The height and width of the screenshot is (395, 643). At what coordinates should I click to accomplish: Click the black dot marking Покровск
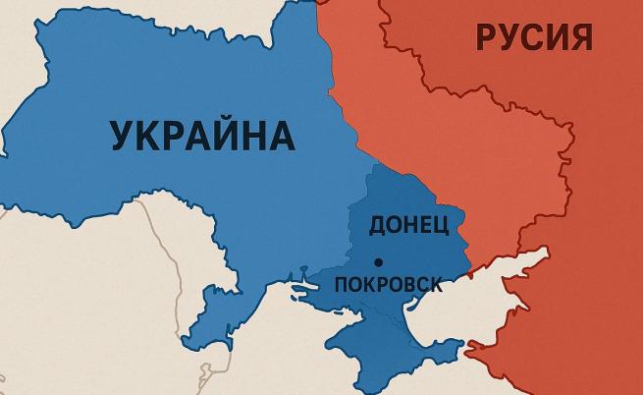[x=378, y=261]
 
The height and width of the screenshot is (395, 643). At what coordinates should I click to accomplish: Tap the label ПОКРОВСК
[x=388, y=285]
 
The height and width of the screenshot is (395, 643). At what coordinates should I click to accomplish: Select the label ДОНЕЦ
[x=408, y=224]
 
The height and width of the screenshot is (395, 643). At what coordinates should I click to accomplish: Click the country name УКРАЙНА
[x=204, y=135]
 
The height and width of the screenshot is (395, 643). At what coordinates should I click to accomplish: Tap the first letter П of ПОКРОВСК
[x=342, y=285]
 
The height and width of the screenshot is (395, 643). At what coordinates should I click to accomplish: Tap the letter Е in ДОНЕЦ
[x=425, y=224]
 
